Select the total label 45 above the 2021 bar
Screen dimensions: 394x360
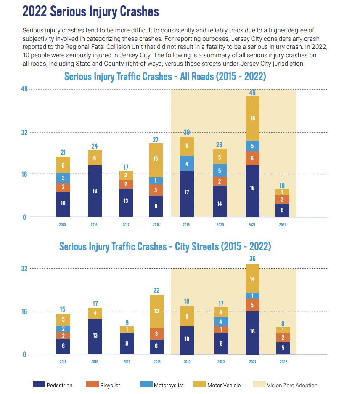tap(252, 92)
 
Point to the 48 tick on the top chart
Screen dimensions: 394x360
tap(24, 89)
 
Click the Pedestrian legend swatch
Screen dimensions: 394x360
tap(39, 384)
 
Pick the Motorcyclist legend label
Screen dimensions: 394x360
tap(169, 385)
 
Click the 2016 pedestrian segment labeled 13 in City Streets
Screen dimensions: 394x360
tap(95, 336)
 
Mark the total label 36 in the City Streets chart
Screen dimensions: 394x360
tap(252, 258)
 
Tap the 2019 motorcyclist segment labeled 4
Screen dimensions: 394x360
tap(187, 163)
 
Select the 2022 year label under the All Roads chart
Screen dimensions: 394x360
tap(283, 225)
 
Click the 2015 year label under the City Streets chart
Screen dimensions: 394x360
tap(63, 362)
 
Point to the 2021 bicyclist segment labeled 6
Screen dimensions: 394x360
tap(252, 158)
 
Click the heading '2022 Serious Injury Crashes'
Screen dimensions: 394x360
tap(90, 11)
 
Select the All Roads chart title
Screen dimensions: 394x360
tap(165, 77)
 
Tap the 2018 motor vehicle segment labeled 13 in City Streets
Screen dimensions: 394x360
tap(157, 311)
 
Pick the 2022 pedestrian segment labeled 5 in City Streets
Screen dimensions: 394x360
tap(283, 348)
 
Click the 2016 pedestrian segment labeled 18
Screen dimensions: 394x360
tap(95, 191)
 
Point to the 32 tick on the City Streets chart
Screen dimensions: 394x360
tap(24, 269)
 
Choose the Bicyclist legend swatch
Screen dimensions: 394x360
tap(92, 384)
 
